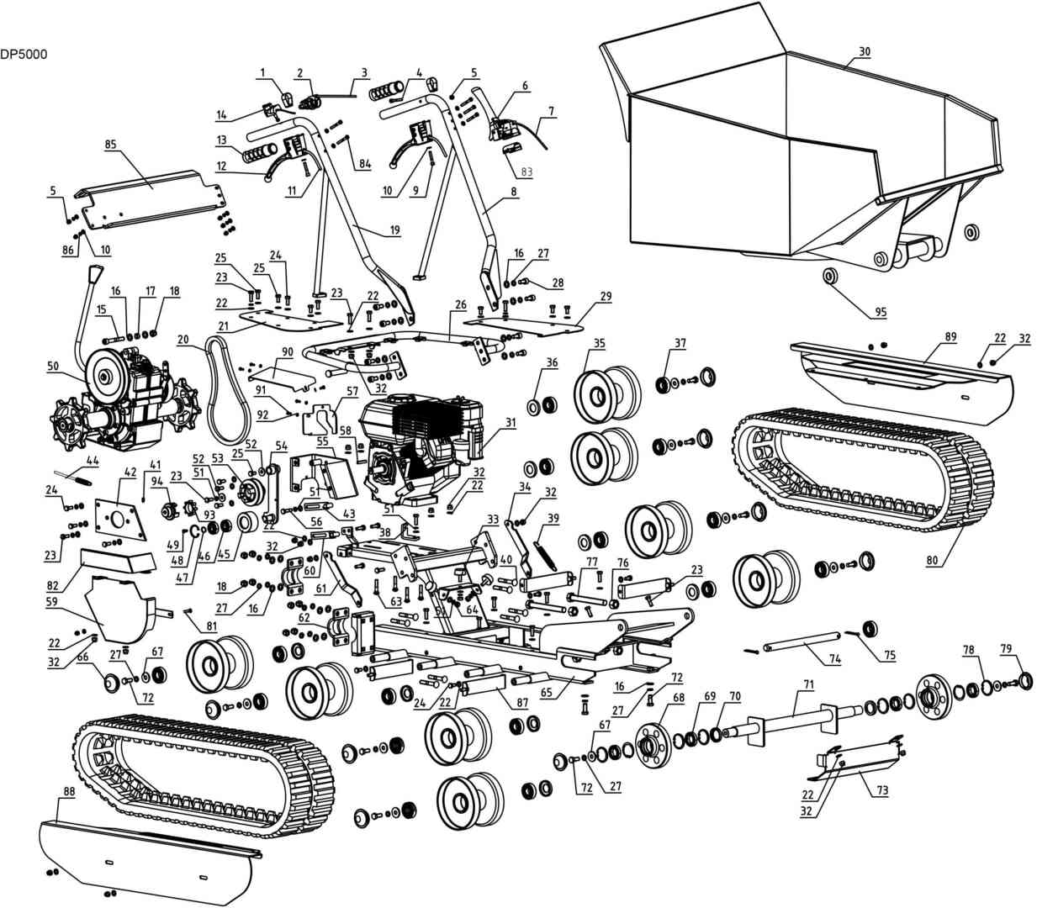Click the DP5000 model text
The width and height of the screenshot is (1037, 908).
coord(24,54)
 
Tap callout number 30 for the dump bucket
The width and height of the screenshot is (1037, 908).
coord(864,52)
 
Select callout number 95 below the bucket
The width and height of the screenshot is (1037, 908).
coord(881,313)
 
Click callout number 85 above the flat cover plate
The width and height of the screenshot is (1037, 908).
coord(110,144)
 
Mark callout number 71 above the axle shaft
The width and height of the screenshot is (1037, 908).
coord(807,685)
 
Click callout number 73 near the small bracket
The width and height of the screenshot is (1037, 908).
coord(881,792)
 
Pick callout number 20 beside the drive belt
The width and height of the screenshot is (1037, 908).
coord(183,340)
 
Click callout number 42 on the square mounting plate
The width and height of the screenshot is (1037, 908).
coord(130,473)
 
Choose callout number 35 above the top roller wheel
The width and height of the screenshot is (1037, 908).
coord(600,343)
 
